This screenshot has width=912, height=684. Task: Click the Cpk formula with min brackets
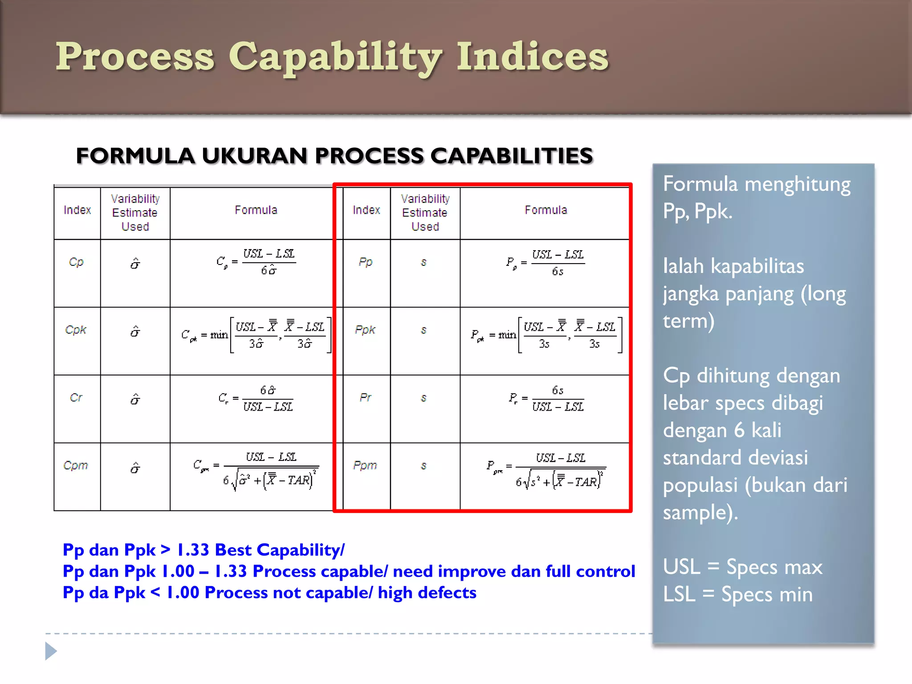tap(256, 335)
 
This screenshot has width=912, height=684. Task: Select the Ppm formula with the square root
tap(546, 472)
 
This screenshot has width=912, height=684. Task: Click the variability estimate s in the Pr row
tap(424, 398)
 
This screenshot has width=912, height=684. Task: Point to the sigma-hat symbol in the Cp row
tap(135, 264)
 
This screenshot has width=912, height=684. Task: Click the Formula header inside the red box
tap(546, 210)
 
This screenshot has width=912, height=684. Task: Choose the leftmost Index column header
tap(77, 210)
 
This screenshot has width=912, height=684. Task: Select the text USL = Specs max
tap(742, 567)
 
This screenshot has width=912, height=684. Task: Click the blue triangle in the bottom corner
tap(50, 651)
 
